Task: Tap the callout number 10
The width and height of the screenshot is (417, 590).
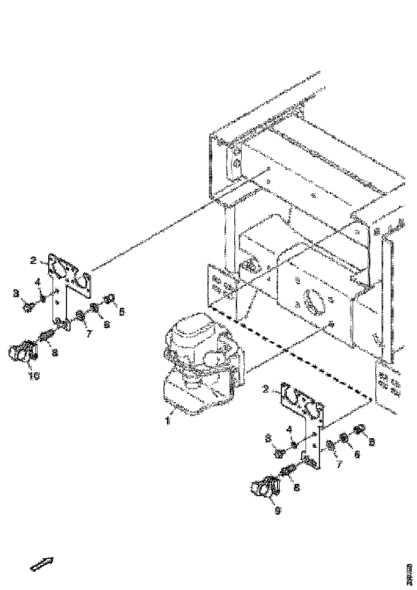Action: (x=33, y=376)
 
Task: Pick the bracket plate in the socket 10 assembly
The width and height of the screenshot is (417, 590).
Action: (x=67, y=290)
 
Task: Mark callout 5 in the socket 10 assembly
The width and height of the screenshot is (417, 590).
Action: (x=122, y=311)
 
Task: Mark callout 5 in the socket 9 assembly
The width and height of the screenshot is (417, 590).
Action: (x=371, y=443)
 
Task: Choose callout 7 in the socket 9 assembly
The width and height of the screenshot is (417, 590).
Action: (x=339, y=463)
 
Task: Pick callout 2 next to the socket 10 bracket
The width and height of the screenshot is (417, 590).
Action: (x=33, y=261)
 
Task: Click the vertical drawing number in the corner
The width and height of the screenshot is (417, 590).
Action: (x=409, y=573)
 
